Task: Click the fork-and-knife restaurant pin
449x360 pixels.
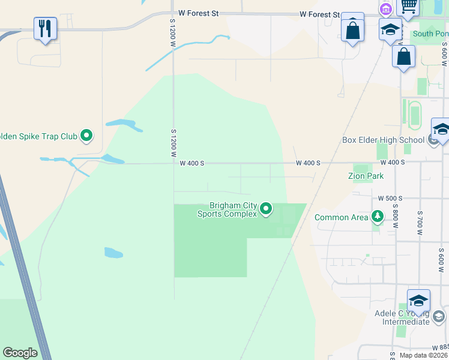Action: tap(46, 28)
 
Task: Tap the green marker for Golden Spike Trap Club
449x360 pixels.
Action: tap(86, 136)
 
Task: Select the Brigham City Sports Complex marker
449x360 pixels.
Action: tap(266, 209)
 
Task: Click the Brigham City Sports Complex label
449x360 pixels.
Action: tap(233, 209)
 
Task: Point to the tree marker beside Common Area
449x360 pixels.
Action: tap(377, 217)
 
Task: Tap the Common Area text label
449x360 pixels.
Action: tap(341, 217)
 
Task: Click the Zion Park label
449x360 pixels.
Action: tap(366, 176)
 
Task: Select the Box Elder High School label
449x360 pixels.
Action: tap(383, 140)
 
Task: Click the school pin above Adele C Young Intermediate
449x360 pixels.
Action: tap(418, 300)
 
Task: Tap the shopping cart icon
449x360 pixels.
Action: tap(409, 6)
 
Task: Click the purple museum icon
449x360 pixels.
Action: tap(385, 9)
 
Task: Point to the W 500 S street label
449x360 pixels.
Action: tap(390, 198)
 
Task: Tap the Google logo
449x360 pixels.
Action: tap(20, 353)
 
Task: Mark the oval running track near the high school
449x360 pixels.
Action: tap(414, 114)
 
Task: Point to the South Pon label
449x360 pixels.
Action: tap(430, 34)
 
